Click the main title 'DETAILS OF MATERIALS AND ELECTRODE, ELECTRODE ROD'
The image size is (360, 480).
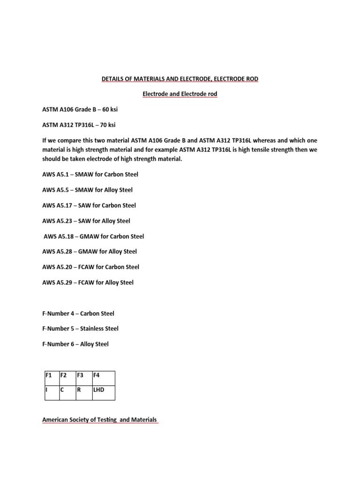click(180, 79)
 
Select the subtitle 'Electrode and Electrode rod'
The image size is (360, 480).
click(180, 94)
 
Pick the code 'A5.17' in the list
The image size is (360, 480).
click(65, 205)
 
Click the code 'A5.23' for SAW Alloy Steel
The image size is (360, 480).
click(65, 221)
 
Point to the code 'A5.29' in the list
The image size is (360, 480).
click(65, 282)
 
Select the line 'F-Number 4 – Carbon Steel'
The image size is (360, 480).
click(78, 313)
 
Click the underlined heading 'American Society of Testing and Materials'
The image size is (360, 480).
click(99, 420)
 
